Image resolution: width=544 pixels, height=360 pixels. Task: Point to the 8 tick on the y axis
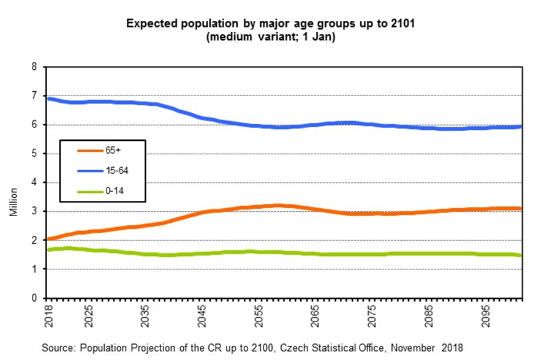click(34, 67)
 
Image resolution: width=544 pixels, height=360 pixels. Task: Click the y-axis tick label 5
click(34, 154)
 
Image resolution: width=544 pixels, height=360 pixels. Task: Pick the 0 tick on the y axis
click(34, 298)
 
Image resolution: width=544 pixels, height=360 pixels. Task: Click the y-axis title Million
click(13, 201)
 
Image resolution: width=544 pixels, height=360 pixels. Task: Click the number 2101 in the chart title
click(407, 24)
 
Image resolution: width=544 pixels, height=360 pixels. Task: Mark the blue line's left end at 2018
click(48, 98)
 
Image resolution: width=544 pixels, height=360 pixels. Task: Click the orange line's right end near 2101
click(521, 208)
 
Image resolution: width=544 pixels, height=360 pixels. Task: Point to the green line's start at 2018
click(48, 250)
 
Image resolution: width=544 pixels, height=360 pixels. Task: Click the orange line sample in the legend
click(83, 149)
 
